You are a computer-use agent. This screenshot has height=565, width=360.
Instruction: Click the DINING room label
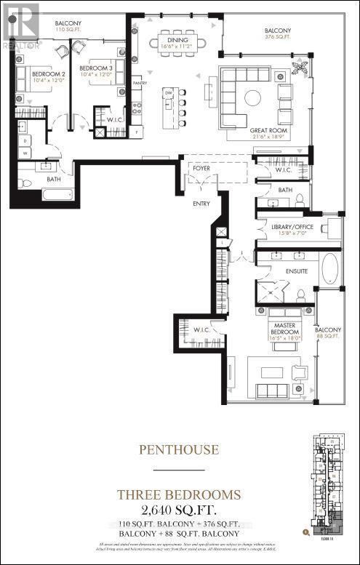coord(177,41)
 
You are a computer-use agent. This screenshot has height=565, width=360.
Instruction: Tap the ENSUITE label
coord(296,271)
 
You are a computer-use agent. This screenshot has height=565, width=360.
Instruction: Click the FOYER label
coord(201,169)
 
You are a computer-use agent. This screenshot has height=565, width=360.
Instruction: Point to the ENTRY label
coord(201,203)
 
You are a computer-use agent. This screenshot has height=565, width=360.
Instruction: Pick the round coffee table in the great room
coord(252,97)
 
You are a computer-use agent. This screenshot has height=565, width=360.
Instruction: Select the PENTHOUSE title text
coord(179,449)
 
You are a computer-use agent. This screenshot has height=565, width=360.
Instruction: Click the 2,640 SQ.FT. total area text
coord(179,509)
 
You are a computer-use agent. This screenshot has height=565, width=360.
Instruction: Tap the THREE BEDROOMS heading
coord(179,494)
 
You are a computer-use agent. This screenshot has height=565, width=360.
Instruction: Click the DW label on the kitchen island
coord(168,93)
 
